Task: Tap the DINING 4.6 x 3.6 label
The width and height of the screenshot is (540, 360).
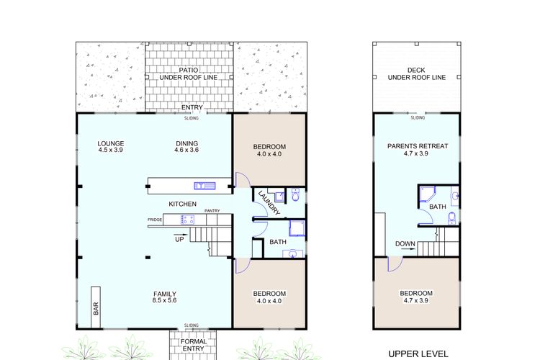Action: (186, 146)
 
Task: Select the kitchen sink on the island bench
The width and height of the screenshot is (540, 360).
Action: (204, 186)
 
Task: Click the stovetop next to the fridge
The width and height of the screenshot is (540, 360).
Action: (187, 220)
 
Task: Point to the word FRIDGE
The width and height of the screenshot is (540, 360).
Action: (155, 220)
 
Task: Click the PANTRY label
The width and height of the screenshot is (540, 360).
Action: (212, 210)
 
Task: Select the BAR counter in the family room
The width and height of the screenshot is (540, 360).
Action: (96, 307)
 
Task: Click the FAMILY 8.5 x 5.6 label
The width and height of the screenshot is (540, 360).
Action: (165, 297)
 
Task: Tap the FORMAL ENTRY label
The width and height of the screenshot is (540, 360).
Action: (194, 345)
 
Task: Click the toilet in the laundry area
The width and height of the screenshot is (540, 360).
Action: (296, 194)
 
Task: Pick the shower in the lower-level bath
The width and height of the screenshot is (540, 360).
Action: (297, 228)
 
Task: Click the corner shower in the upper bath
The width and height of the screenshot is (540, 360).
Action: (428, 194)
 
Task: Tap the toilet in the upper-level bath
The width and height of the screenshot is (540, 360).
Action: (452, 217)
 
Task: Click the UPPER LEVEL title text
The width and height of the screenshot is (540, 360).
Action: (418, 354)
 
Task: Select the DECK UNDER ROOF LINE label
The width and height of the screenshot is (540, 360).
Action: (417, 73)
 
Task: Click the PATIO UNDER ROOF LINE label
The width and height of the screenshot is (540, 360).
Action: (189, 74)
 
